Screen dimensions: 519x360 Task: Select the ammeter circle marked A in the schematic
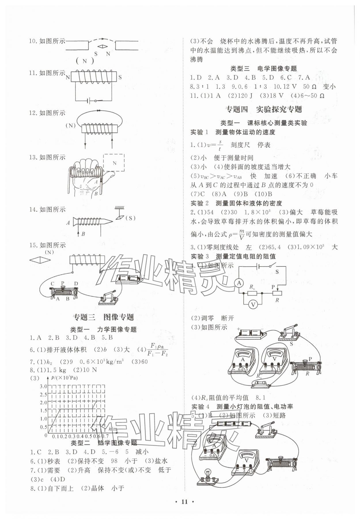[x=239, y=283]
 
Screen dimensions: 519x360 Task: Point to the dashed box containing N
[x=114, y=163]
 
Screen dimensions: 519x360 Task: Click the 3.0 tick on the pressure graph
[x=43, y=386]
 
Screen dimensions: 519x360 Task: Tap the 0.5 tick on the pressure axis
[x=43, y=427]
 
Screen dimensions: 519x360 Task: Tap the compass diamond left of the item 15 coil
[x=40, y=260]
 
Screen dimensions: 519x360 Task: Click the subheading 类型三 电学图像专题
[x=264, y=69]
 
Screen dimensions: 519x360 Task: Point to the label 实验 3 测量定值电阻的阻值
[x=233, y=256]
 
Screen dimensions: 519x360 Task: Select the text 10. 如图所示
[x=47, y=41]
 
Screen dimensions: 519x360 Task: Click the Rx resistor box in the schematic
[x=253, y=293]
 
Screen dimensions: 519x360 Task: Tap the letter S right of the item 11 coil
[x=120, y=77]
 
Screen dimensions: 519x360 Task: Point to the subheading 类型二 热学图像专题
[x=104, y=442]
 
